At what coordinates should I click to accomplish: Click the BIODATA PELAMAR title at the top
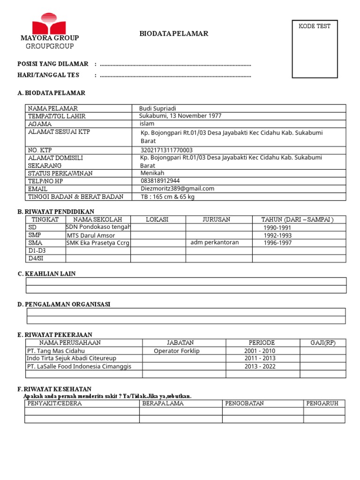pyautogui.click(x=174, y=34)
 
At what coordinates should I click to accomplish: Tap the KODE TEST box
pyautogui.click(x=315, y=49)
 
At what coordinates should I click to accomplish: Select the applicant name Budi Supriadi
pyautogui.click(x=157, y=108)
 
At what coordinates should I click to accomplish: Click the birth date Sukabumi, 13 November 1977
pyautogui.click(x=180, y=116)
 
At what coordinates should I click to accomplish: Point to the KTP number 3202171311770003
pyautogui.click(x=166, y=150)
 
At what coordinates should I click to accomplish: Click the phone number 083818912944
pyautogui.click(x=160, y=180)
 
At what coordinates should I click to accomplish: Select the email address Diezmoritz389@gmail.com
pyautogui.click(x=177, y=188)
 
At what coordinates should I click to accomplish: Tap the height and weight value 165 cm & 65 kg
pyautogui.click(x=167, y=197)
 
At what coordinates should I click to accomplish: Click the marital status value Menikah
pyautogui.click(x=152, y=173)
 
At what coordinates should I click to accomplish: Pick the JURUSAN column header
pyautogui.click(x=216, y=219)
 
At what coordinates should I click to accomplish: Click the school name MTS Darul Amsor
pyautogui.click(x=91, y=235)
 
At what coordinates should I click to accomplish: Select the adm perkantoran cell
pyautogui.click(x=215, y=242)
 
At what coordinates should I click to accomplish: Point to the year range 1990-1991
pyautogui.click(x=277, y=228)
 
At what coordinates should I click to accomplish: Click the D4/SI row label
pyautogui.click(x=36, y=258)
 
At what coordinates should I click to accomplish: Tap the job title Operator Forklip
pyautogui.click(x=177, y=351)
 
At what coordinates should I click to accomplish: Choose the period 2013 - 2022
pyautogui.click(x=260, y=366)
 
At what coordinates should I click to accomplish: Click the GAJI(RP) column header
pyautogui.click(x=323, y=343)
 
